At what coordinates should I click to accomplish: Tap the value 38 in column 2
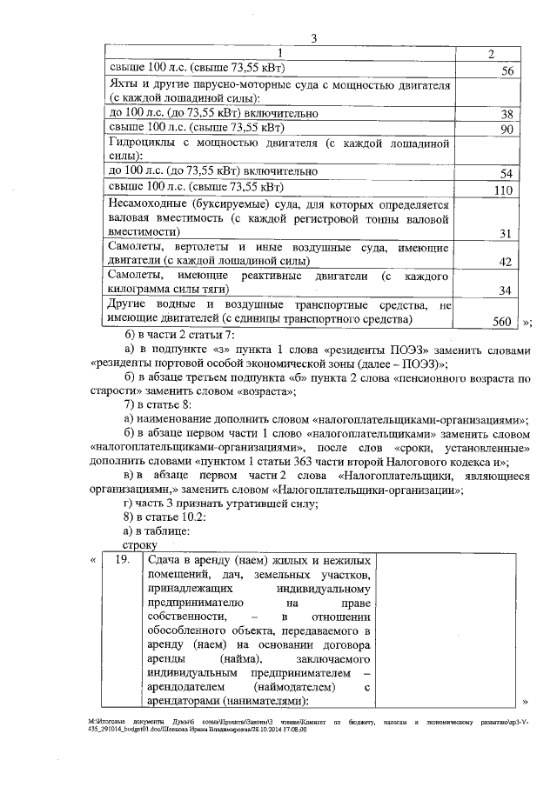tap(507, 114)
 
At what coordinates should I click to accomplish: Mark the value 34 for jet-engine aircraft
tap(507, 290)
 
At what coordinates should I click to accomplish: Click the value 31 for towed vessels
tap(507, 232)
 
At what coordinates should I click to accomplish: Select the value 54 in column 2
tap(507, 174)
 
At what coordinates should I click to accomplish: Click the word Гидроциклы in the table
tap(144, 142)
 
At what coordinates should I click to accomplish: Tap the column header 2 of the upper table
tap(491, 54)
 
